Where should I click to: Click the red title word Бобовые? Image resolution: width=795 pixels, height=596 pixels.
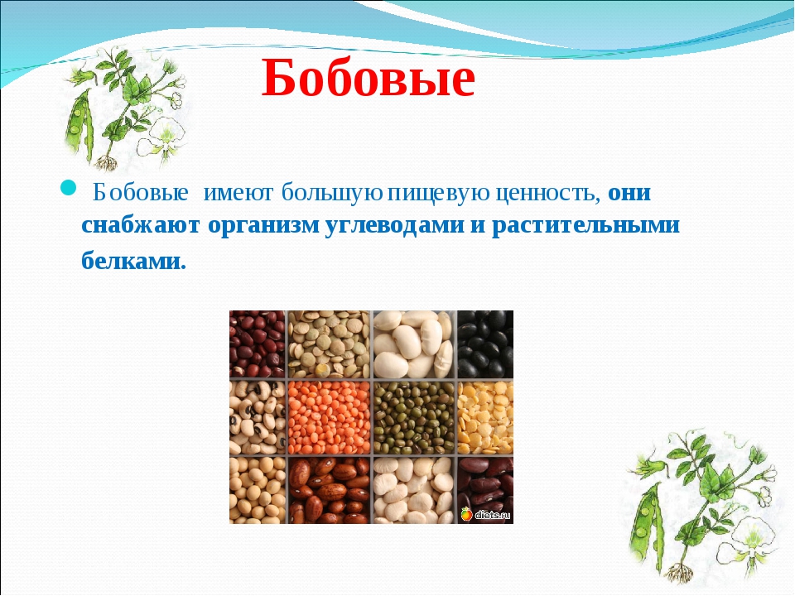369,79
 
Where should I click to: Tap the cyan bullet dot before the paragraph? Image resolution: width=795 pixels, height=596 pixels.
68,188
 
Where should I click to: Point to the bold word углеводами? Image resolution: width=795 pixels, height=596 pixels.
394,225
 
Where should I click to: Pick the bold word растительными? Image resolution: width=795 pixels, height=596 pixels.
585,225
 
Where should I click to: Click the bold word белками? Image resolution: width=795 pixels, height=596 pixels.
134,261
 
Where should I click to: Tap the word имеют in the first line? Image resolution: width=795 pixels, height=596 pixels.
238,194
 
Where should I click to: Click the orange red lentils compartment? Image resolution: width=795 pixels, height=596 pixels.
330,417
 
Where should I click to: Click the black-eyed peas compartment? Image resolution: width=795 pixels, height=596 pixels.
258,417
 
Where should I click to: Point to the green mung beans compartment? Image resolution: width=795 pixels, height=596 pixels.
414,417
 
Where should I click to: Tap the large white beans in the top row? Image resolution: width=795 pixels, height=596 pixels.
414,344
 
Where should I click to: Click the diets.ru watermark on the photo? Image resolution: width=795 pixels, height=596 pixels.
485,515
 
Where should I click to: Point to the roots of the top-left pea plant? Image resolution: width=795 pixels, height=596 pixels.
107,162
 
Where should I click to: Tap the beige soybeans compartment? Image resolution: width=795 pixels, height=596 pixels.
258,491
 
